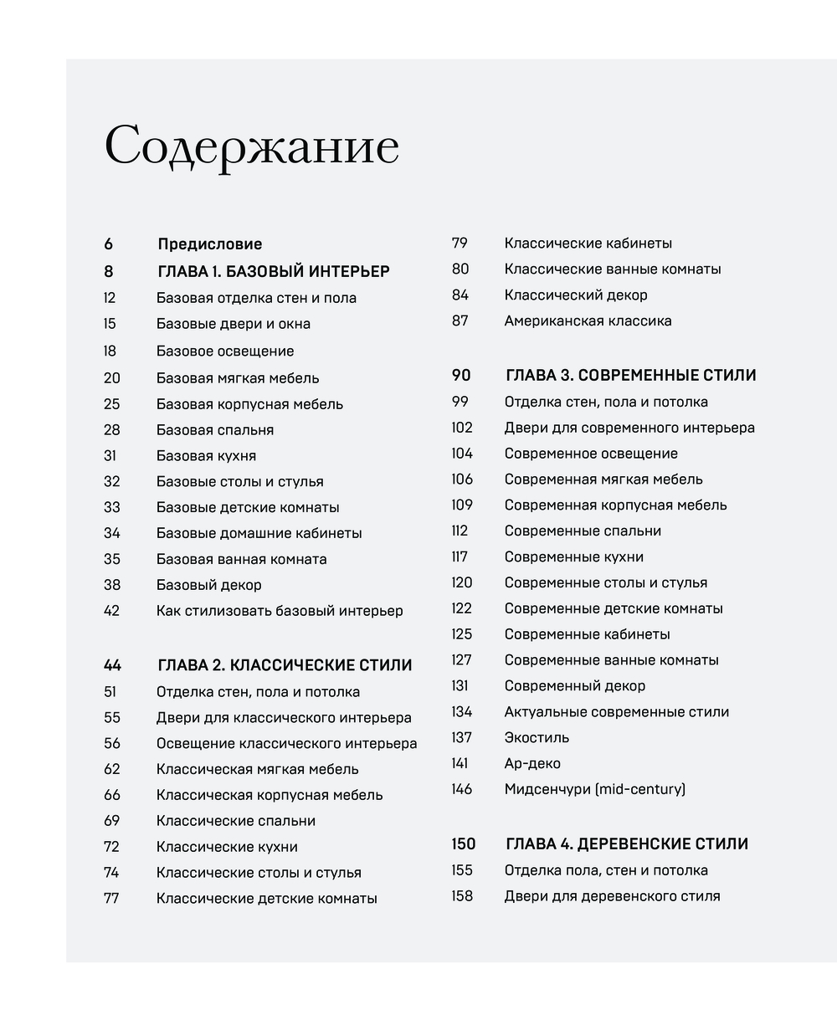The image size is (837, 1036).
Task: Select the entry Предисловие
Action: tap(209, 244)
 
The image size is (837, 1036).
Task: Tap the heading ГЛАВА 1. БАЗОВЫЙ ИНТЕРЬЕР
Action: tap(273, 271)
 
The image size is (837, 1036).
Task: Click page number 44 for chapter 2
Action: tap(112, 665)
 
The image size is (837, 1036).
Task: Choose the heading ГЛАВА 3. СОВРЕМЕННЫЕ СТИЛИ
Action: tap(629, 375)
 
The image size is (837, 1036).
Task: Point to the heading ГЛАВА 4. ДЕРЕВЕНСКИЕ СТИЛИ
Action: tap(626, 844)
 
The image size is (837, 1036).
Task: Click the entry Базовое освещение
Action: tap(224, 351)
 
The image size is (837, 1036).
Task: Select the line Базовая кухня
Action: tap(206, 456)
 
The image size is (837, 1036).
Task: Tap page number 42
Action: tap(112, 611)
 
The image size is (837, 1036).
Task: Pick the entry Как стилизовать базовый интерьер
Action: tap(280, 611)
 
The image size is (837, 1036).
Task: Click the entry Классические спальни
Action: tap(235, 821)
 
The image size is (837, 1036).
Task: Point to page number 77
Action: tap(112, 899)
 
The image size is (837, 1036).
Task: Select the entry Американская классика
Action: tap(588, 321)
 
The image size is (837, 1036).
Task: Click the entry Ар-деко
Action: tap(532, 763)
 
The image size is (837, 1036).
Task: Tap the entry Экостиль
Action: tap(537, 737)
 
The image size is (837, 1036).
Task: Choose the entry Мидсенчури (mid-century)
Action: tap(594, 789)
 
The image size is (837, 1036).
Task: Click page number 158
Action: tap(462, 896)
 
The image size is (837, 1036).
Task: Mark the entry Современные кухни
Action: tap(573, 556)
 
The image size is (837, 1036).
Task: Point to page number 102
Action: tap(462, 428)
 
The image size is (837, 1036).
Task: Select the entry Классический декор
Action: tap(575, 295)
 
